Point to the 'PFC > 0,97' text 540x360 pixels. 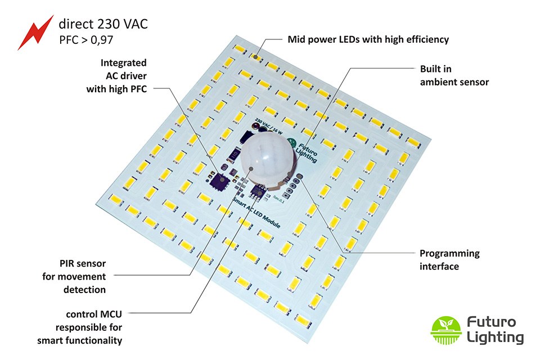coord(87,40)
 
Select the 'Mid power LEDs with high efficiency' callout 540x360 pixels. coord(368,39)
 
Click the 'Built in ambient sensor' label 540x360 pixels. coord(454,75)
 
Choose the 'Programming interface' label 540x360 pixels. coord(449,259)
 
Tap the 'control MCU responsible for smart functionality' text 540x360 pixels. coord(80,326)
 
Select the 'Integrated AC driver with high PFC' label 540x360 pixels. coord(117,76)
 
